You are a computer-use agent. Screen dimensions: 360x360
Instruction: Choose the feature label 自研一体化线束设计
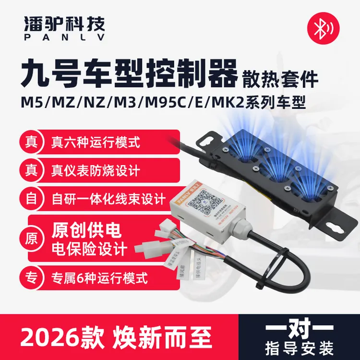coord(108,198)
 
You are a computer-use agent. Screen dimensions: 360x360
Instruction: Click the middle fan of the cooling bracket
coord(276,166)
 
